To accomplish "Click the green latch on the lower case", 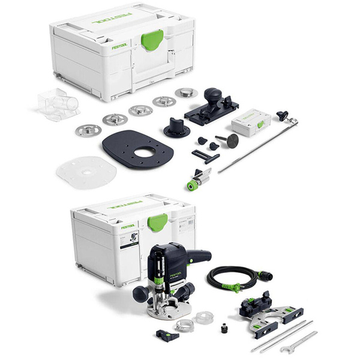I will pos(157,222).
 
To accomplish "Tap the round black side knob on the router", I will pos(140,293).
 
